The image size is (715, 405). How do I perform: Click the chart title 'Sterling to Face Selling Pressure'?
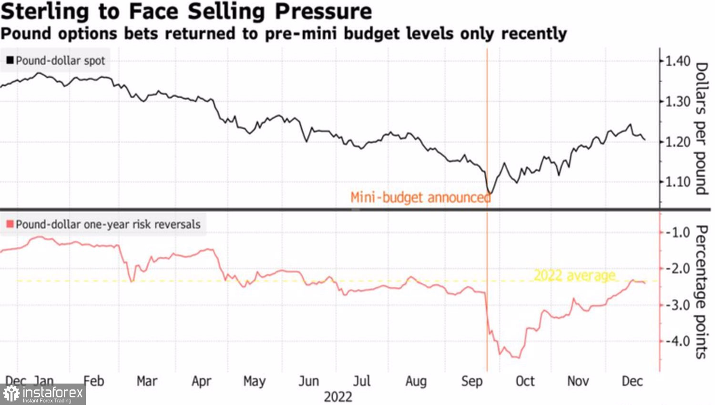click(x=186, y=11)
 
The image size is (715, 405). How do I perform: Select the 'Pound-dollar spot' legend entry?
click(x=56, y=61)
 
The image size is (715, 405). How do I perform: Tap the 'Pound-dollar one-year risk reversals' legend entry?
click(x=103, y=224)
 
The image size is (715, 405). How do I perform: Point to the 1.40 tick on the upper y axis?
click(x=677, y=61)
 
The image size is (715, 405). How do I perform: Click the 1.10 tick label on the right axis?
click(x=677, y=182)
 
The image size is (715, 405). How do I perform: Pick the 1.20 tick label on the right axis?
click(x=677, y=142)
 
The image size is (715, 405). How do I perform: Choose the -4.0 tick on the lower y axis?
click(x=677, y=341)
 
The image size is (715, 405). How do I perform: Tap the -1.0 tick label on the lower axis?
click(x=677, y=233)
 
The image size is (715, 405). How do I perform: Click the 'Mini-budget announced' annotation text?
click(x=420, y=197)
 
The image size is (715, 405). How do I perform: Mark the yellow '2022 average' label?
click(x=574, y=275)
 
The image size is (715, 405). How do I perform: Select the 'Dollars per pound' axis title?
click(x=701, y=129)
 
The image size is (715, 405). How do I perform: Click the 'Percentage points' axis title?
click(x=701, y=292)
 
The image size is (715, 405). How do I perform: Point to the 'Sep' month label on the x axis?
click(x=472, y=381)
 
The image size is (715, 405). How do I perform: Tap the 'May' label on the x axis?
click(x=254, y=381)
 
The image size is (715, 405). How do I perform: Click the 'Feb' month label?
click(x=93, y=381)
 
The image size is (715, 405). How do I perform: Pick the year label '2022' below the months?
click(x=338, y=397)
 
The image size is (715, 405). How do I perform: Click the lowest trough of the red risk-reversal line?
click(x=518, y=357)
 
